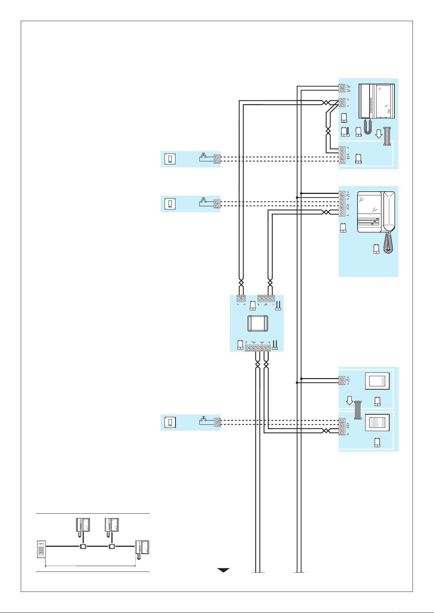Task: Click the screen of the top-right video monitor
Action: [382, 101]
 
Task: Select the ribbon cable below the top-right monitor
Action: [387, 136]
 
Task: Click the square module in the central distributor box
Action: [258, 323]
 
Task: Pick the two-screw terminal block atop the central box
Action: [241, 298]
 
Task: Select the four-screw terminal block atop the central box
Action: [266, 298]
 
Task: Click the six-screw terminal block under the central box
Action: [258, 348]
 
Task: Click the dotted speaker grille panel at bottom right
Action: [377, 422]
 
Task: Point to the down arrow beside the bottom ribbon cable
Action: [350, 401]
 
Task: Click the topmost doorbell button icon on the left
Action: [170, 159]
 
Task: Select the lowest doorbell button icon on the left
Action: [170, 423]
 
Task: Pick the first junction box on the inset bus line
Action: [83, 546]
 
